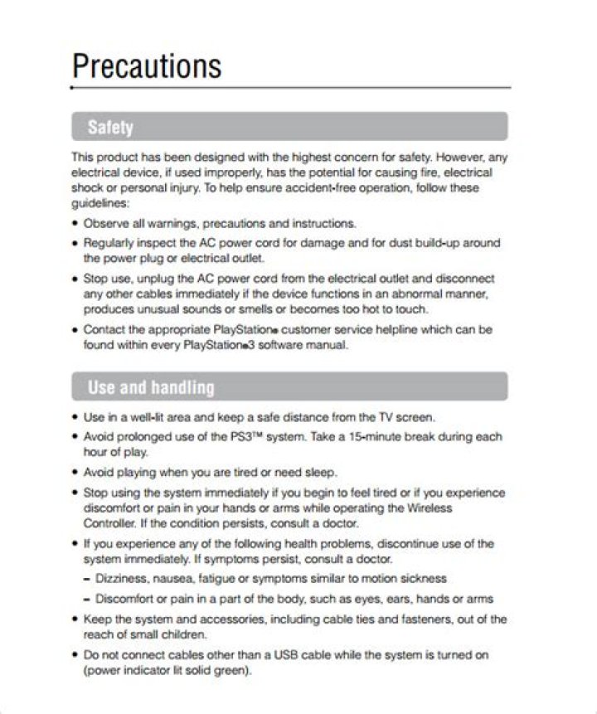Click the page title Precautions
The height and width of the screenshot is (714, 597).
click(x=147, y=66)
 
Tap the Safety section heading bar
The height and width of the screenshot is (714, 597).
click(x=289, y=127)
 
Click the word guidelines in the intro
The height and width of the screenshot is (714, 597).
click(x=99, y=203)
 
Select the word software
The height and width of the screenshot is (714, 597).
click(x=282, y=345)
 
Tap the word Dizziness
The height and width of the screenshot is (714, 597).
click(x=123, y=578)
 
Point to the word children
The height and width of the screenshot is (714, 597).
click(x=183, y=634)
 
